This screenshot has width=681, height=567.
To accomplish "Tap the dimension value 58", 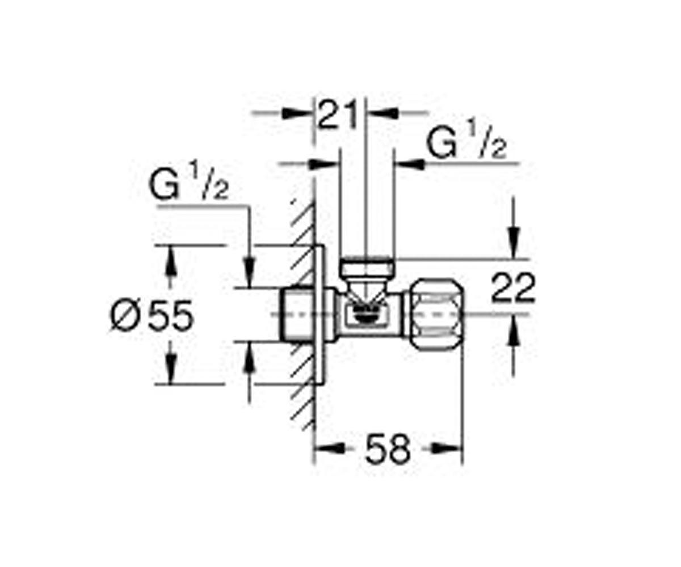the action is pyautogui.click(x=388, y=450).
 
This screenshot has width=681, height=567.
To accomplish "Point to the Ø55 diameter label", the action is pyautogui.click(x=152, y=315).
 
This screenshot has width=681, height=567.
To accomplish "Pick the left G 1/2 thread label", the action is pyautogui.click(x=188, y=180).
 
